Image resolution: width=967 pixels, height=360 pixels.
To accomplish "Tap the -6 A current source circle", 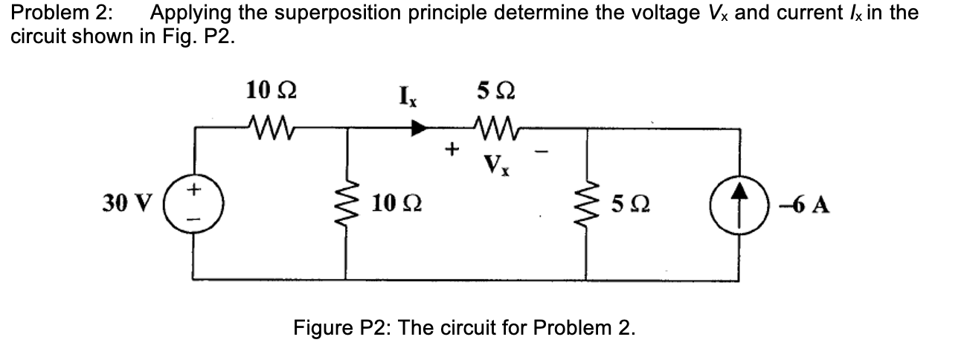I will pyautogui.click(x=739, y=202).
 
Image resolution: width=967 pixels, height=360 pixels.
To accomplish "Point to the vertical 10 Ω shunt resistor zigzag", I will pyautogui.click(x=345, y=202).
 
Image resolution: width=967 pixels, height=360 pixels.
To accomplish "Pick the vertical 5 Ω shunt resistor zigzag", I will pyautogui.click(x=588, y=202).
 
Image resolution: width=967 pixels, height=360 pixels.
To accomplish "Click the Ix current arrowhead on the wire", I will pyautogui.click(x=420, y=128).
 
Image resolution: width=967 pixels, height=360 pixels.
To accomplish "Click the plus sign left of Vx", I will pyautogui.click(x=449, y=150).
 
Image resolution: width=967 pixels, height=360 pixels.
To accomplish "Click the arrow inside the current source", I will pyautogui.click(x=739, y=201).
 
